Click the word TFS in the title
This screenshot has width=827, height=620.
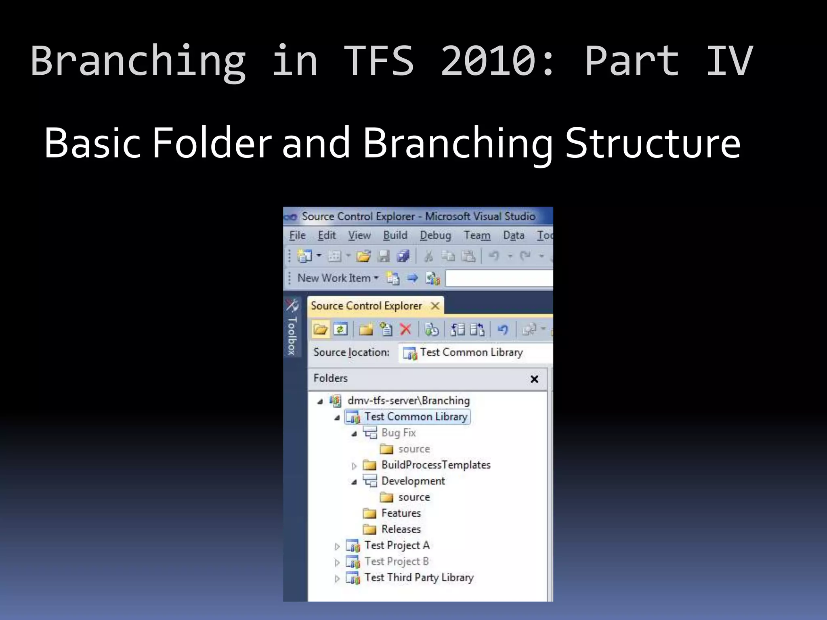379,61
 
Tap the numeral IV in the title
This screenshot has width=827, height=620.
729,61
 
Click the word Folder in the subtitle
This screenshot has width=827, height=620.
212,143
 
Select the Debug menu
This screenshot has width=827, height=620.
435,235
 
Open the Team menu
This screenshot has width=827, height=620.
477,235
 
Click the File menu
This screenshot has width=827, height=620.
297,235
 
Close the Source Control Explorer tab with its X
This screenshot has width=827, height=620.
435,306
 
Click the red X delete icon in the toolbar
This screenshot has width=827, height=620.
405,329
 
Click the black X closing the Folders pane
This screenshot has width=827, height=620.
534,379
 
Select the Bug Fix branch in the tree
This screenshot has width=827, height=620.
398,433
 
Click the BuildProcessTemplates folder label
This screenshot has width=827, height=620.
436,465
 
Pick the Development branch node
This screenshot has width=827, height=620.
413,481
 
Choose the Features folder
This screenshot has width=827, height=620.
401,513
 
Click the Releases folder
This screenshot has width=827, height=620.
401,529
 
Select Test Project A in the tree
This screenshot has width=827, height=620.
397,545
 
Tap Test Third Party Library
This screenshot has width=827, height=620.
418,578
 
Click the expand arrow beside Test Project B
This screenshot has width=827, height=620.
337,562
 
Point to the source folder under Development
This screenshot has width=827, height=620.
413,497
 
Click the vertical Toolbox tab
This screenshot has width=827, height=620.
292,335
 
